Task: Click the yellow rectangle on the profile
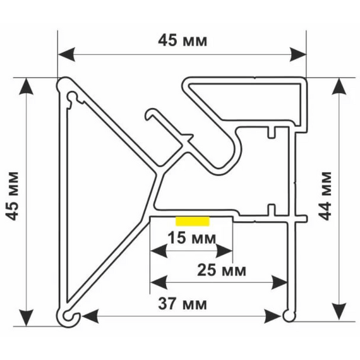[x=193, y=221]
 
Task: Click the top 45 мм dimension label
[x=183, y=40]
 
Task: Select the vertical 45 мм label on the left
[x=12, y=196]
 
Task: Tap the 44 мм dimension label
[x=325, y=196]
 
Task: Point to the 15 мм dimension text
[x=192, y=238]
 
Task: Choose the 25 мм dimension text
[x=222, y=270]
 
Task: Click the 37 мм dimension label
[x=183, y=304]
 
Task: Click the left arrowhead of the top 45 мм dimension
[x=66, y=55]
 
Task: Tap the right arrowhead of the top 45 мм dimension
[x=297, y=55]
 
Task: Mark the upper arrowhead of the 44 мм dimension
[x=339, y=87]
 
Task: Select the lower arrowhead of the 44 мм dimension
[x=339, y=311]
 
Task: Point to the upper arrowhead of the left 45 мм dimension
[x=27, y=87]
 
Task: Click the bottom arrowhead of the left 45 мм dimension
[x=27, y=318]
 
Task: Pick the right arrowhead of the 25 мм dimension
[x=279, y=282]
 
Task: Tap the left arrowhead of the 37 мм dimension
[x=90, y=316]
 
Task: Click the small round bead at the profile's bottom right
[x=289, y=316]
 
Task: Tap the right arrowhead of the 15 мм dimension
[x=224, y=251]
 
